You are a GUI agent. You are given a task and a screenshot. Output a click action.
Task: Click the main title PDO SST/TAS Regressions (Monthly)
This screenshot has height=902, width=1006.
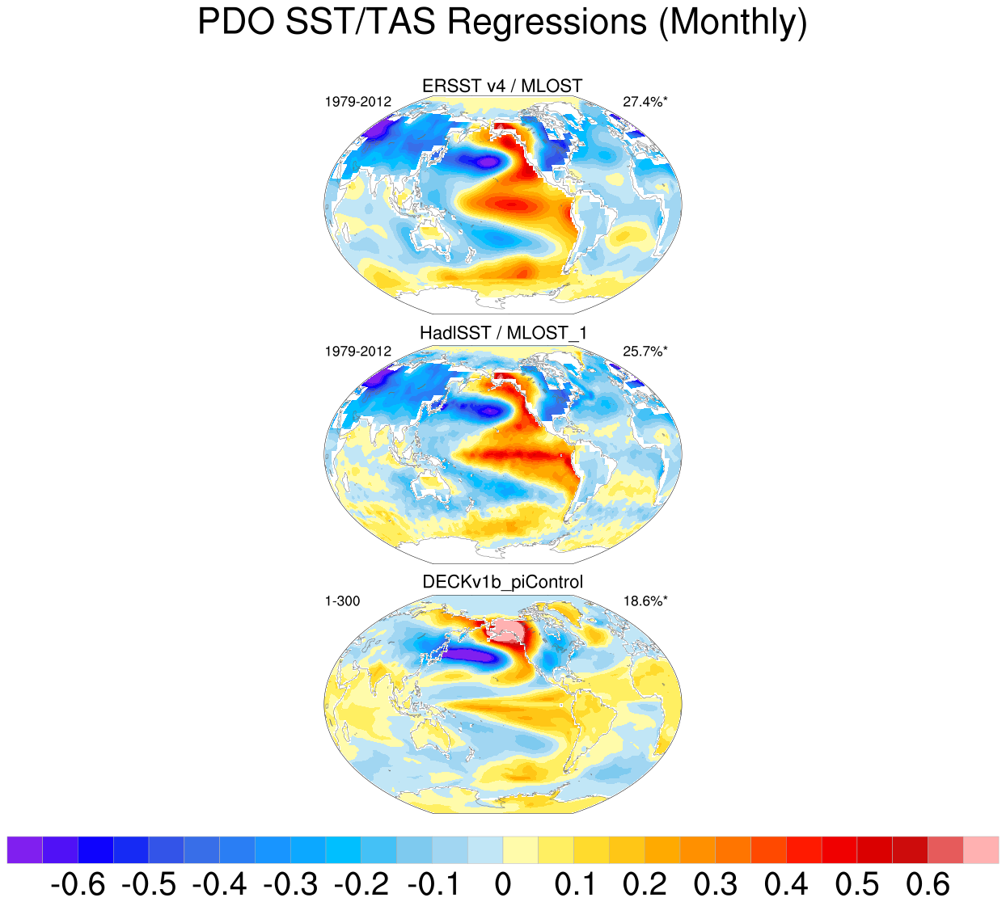click(x=502, y=23)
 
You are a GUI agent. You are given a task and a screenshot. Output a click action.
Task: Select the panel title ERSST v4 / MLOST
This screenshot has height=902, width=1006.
click(x=502, y=86)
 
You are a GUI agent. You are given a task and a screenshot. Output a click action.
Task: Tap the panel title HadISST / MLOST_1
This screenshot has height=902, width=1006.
click(x=503, y=333)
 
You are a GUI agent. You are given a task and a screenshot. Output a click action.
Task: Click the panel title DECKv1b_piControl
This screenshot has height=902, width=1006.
click(x=503, y=582)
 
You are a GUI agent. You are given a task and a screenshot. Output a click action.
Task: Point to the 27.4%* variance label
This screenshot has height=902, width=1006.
click(x=645, y=102)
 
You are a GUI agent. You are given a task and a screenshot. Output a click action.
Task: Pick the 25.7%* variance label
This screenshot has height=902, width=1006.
click(x=645, y=352)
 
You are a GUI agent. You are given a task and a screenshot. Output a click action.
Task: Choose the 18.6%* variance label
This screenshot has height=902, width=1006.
click(x=645, y=601)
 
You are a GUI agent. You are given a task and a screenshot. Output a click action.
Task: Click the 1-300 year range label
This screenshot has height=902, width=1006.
click(x=342, y=601)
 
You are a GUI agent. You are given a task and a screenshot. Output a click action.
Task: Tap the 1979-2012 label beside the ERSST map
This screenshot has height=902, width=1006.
click(x=357, y=102)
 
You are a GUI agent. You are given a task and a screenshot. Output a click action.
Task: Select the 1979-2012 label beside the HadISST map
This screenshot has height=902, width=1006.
click(x=357, y=352)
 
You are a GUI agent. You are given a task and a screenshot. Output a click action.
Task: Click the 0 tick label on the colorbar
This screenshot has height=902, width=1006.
click(x=502, y=884)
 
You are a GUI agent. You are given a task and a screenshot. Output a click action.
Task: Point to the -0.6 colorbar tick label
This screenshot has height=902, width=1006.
click(x=78, y=884)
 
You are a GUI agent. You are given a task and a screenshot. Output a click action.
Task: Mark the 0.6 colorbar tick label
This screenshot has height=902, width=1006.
click(x=928, y=884)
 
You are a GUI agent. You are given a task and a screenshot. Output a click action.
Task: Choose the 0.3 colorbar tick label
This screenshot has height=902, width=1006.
click(x=715, y=884)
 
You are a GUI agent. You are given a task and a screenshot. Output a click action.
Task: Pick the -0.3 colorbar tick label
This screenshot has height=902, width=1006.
click(x=290, y=884)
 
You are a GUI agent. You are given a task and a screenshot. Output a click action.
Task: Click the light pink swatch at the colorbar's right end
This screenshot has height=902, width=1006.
click(x=981, y=850)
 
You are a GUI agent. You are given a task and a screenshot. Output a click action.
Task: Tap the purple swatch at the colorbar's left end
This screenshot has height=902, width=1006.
click(x=24, y=850)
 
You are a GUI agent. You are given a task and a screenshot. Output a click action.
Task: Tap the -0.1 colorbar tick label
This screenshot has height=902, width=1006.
click(x=431, y=884)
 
